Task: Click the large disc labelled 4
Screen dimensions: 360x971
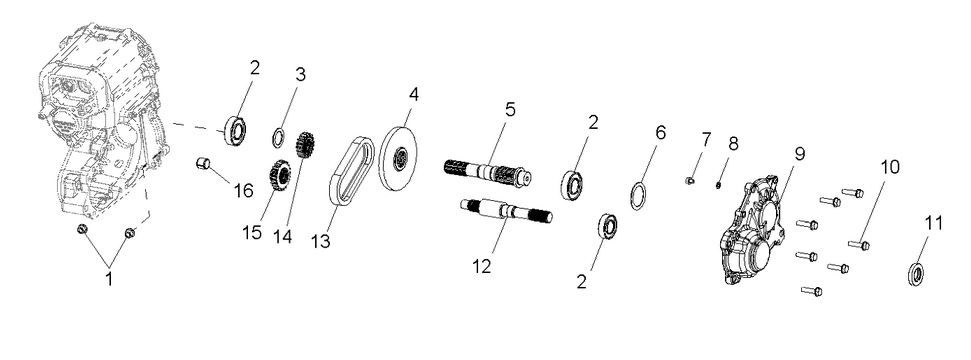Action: tap(399, 158)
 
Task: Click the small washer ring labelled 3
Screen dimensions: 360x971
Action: tap(283, 137)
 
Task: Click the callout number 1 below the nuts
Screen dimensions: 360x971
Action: tap(109, 279)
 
